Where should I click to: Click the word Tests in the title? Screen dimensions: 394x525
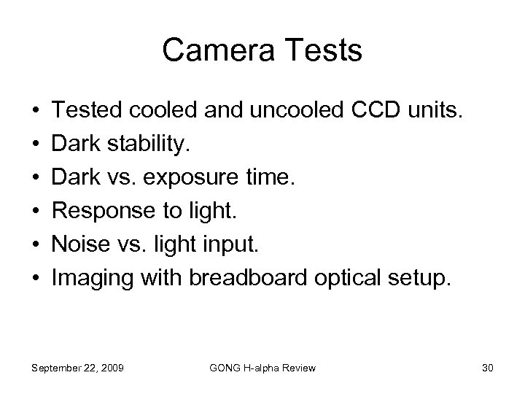tap(322, 50)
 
